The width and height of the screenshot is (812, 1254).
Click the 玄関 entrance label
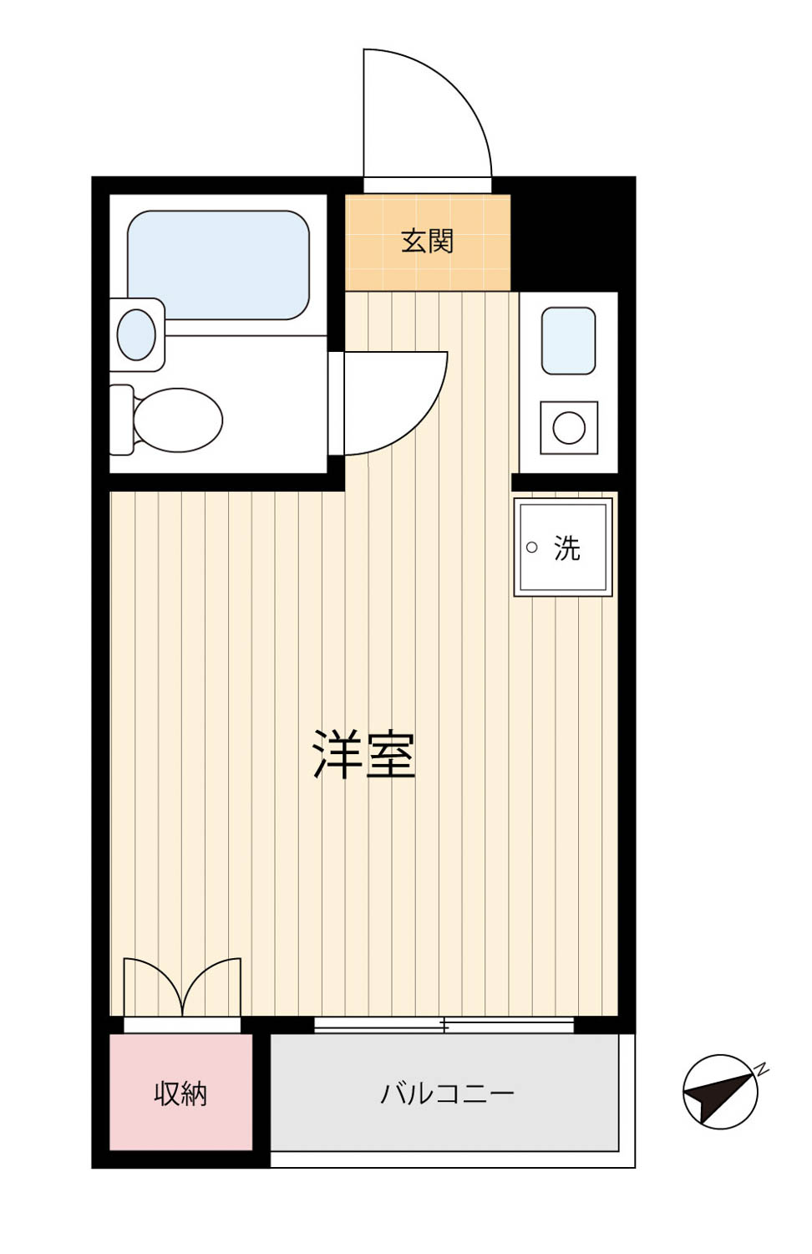pos(427,242)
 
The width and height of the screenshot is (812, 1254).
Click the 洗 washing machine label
pos(567,548)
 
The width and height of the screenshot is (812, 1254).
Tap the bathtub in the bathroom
pos(218,265)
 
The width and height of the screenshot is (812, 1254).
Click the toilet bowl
pos(178,421)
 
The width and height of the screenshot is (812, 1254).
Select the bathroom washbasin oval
pos(136,334)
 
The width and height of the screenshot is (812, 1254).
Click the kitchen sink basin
pos(568,340)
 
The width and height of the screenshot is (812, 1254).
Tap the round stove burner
pos(569,428)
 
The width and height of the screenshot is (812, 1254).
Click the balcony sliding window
pos(444,1025)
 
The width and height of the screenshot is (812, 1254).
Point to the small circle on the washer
pos(532,547)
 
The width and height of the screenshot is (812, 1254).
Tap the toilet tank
pos(121,420)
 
